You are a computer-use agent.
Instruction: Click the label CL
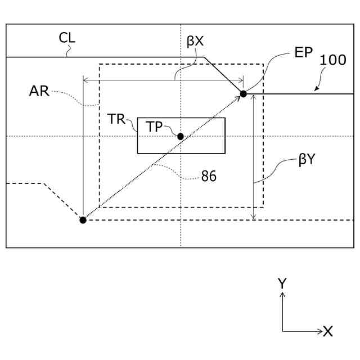pos(67,38)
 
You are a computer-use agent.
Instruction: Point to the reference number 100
pos(333,61)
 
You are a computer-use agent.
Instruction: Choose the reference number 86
pos(209,176)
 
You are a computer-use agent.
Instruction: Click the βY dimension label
pos(307,160)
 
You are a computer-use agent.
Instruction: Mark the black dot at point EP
pos(243,93)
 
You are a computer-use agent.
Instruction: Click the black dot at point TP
pos(181,136)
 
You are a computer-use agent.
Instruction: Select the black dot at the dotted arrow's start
pos(83,220)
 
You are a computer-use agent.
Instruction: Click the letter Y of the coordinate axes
pos(282,283)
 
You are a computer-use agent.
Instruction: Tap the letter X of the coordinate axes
pos(328,332)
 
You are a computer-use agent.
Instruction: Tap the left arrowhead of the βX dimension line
pos(85,80)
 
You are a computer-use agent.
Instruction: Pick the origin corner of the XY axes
pos(282,331)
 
